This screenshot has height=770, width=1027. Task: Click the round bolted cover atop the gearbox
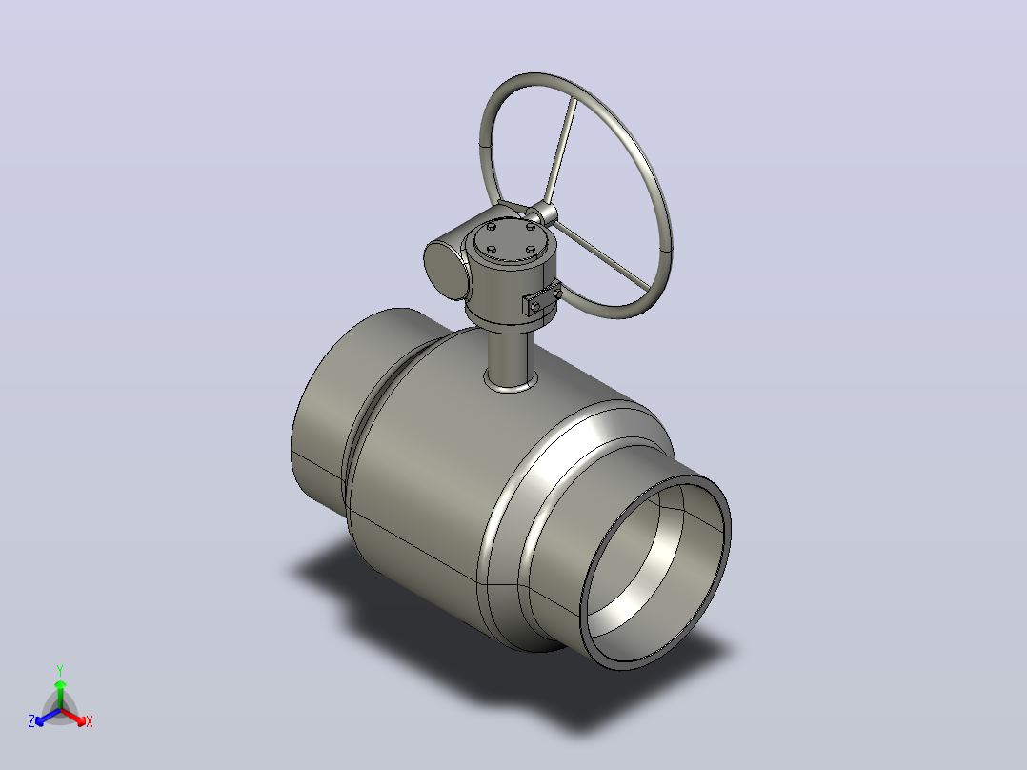click(x=510, y=240)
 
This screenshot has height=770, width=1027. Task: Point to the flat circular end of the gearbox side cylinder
click(x=446, y=270)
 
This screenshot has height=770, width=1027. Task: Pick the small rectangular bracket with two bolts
click(x=542, y=301)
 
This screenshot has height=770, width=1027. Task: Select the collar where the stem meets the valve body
click(x=511, y=383)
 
